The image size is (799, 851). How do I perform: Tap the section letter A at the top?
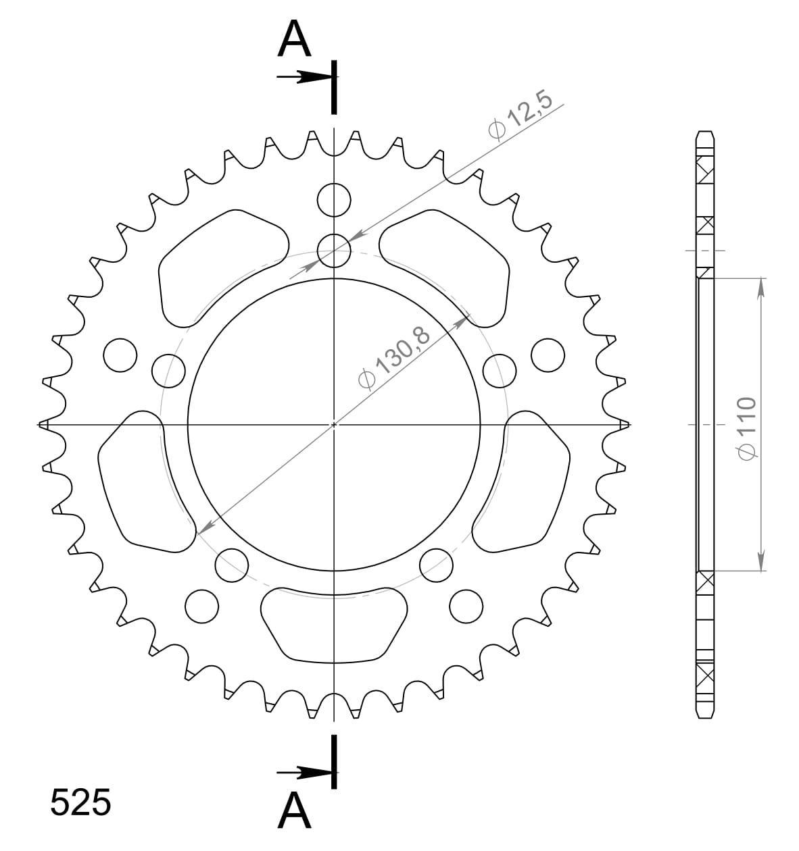[294, 39]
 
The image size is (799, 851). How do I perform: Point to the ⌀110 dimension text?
[747, 428]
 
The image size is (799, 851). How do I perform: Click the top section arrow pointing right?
[304, 77]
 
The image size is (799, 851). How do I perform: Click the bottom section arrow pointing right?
[304, 773]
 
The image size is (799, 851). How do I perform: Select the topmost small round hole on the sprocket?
[334, 200]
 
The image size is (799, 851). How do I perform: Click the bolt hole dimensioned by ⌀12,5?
[334, 251]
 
